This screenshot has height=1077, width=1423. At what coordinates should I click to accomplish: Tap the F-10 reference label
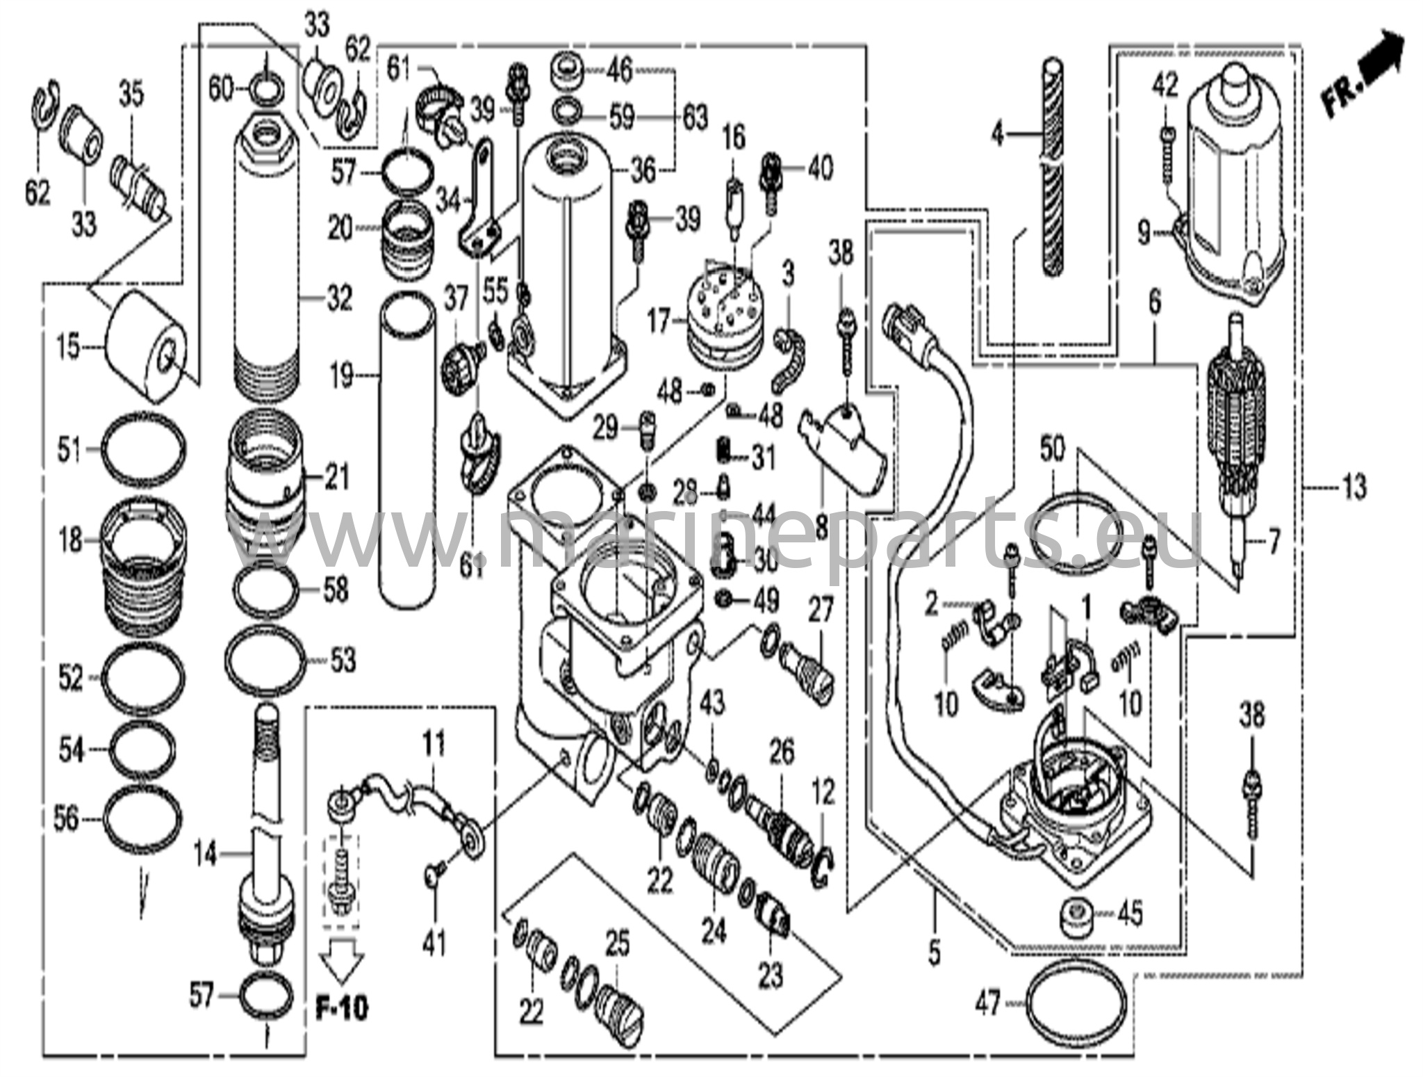[342, 1006]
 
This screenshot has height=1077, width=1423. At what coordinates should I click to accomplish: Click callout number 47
[987, 1004]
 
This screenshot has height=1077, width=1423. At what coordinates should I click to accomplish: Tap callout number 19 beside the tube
[341, 378]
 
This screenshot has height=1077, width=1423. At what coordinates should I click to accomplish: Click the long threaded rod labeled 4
[1055, 167]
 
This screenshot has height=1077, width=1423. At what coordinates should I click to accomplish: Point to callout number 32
[340, 299]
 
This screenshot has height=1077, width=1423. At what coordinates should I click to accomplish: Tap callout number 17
[658, 322]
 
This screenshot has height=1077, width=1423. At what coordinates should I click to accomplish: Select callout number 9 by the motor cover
[1144, 233]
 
